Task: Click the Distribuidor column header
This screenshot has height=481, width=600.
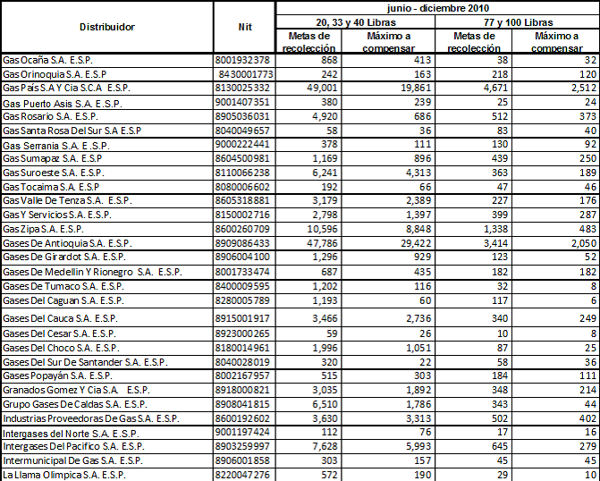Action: pos(106,27)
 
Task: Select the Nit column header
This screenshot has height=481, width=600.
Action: pos(244,27)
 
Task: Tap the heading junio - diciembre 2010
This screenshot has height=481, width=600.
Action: pos(436,6)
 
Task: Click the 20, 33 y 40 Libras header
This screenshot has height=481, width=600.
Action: pos(354,21)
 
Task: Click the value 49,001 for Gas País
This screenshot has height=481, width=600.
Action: pos(322,89)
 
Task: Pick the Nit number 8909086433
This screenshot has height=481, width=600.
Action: pos(244,242)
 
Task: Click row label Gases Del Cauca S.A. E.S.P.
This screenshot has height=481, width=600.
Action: pos(61,317)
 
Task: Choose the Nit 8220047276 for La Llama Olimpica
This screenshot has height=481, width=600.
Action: pos(244,475)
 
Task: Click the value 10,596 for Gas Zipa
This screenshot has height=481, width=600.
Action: pos(322,228)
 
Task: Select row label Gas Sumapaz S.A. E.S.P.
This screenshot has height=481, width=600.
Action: pos(56,156)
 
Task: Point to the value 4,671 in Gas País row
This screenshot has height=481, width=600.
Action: pos(483,89)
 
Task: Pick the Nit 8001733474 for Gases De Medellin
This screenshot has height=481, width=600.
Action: pos(244,271)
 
